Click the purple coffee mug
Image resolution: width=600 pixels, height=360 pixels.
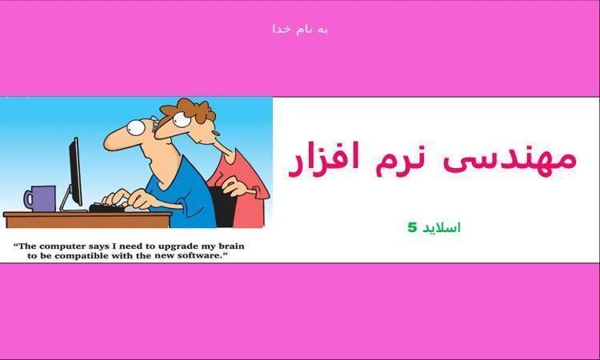point(41,198)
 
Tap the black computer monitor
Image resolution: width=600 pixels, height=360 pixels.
point(75,172)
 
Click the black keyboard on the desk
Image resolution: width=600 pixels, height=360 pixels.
point(108,208)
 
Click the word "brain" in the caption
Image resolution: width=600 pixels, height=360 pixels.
point(231,246)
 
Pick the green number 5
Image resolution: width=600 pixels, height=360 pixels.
point(411,228)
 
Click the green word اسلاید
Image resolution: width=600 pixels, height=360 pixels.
point(441,228)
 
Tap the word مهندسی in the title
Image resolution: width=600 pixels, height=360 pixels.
point(510,162)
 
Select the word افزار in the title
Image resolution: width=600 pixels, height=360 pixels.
point(324,159)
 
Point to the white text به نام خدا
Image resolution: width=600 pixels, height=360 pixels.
point(300,30)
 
